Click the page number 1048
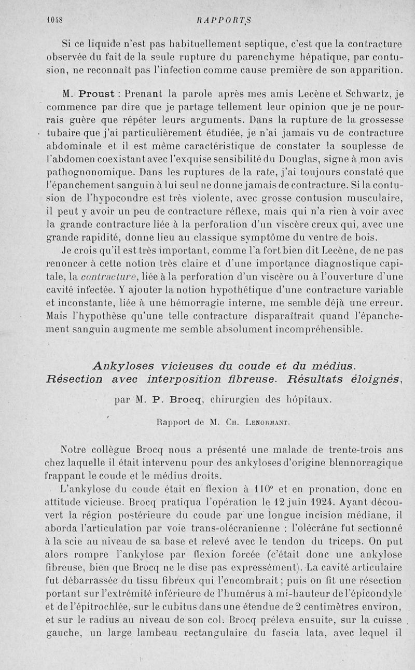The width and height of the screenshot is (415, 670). [x=54, y=21]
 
